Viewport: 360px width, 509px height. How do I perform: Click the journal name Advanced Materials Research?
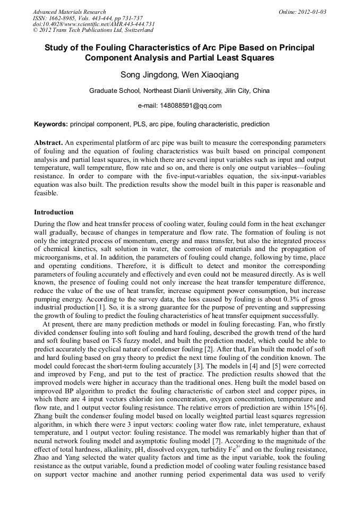69,12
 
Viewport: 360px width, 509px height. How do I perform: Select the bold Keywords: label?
51,124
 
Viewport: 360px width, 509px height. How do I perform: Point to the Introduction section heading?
54,212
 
